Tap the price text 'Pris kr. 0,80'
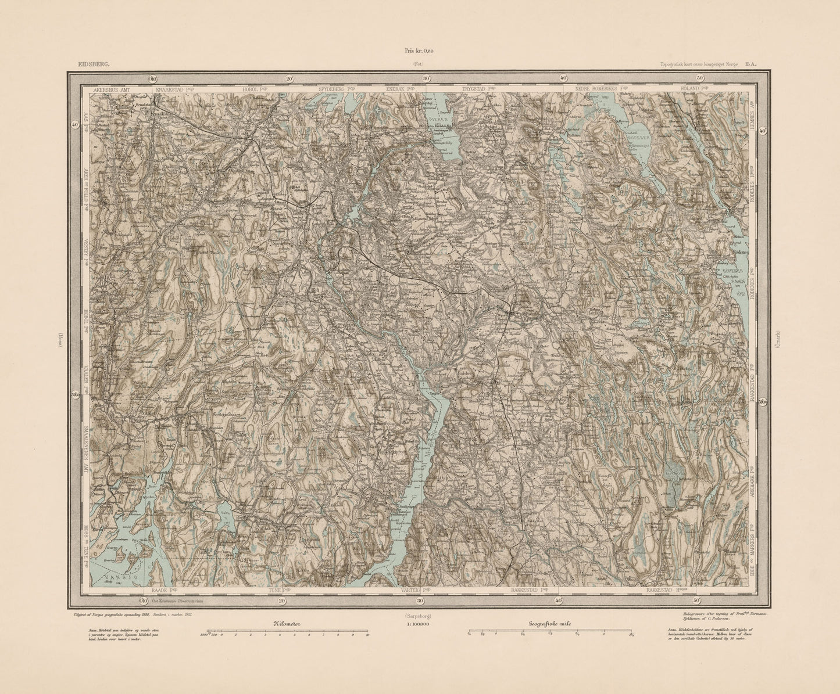tap(420, 51)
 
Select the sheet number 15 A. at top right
tap(748, 66)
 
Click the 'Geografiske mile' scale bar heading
tap(550, 623)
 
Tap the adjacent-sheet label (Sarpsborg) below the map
tap(420, 615)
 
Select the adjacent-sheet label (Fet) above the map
tap(419, 65)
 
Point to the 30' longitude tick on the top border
tap(426, 78)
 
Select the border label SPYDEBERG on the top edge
tap(333, 90)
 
